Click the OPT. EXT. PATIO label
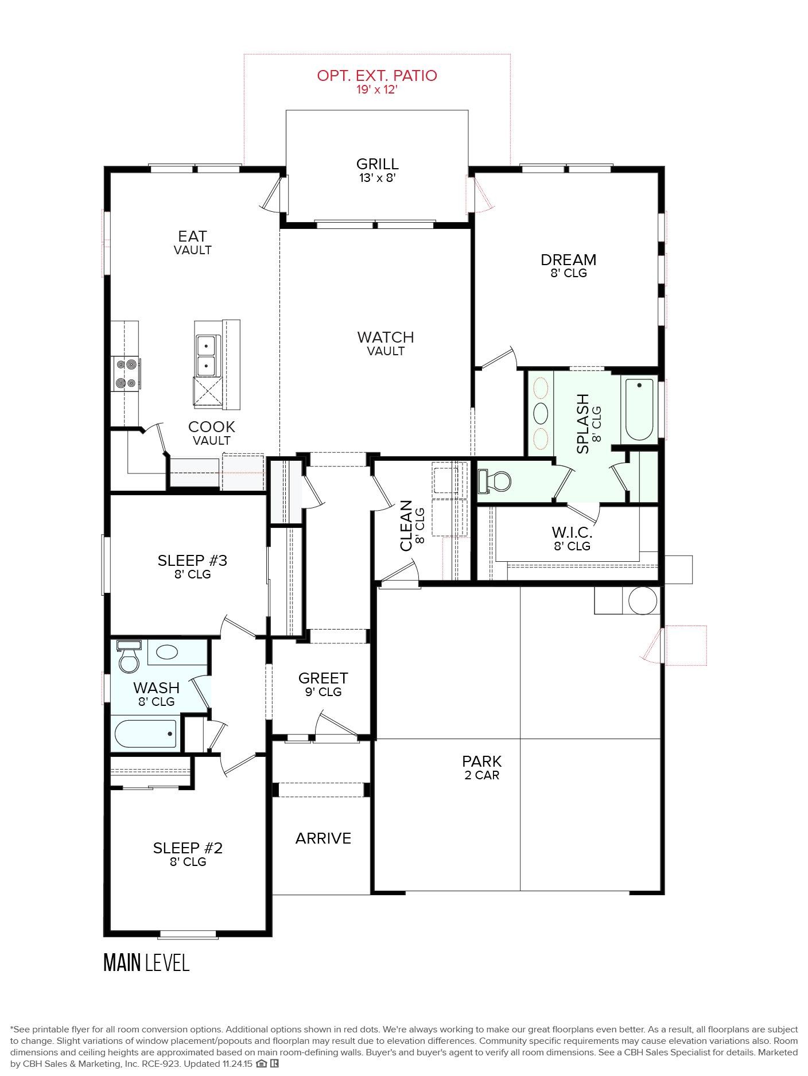pyautogui.click(x=377, y=76)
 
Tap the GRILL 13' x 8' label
pyautogui.click(x=377, y=170)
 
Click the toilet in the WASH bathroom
pyautogui.click(x=129, y=660)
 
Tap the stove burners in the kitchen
pyautogui.click(x=126, y=373)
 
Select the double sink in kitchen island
pyautogui.click(x=206, y=355)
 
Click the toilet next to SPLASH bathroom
pyautogui.click(x=497, y=481)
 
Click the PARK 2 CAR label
pyautogui.click(x=481, y=767)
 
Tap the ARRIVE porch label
pyautogui.click(x=323, y=838)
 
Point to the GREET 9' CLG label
pyautogui.click(x=323, y=684)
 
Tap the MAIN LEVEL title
pyautogui.click(x=146, y=962)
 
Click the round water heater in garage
pyautogui.click(x=642, y=601)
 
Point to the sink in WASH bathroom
pyautogui.click(x=167, y=652)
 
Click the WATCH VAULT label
pyautogui.click(x=386, y=343)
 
